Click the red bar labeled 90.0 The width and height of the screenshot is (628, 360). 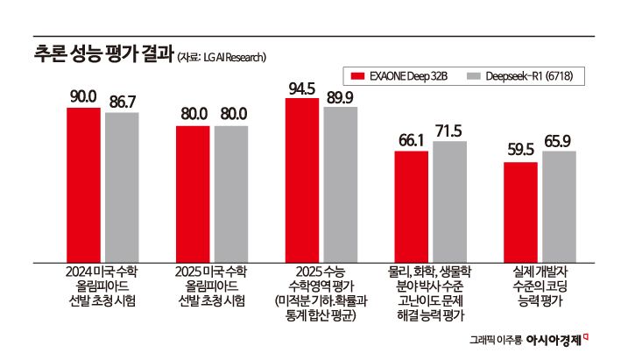pyautogui.click(x=83, y=184)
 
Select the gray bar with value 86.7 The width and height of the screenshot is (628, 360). pyautogui.click(x=122, y=187)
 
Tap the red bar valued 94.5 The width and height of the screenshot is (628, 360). pyautogui.click(x=301, y=180)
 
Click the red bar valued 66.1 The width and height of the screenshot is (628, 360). pyautogui.click(x=411, y=206)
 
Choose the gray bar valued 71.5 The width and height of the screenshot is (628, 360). pyautogui.click(x=449, y=201)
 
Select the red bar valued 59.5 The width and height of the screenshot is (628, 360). pyautogui.click(x=520, y=211)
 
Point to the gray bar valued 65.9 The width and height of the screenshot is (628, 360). pyautogui.click(x=558, y=206)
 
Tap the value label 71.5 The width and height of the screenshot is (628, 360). pyautogui.click(x=449, y=131)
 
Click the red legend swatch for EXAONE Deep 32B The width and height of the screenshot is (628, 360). pyautogui.click(x=356, y=77)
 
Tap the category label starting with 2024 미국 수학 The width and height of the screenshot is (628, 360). pyautogui.click(x=102, y=286)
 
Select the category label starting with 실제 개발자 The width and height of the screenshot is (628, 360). pyautogui.click(x=539, y=286)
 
